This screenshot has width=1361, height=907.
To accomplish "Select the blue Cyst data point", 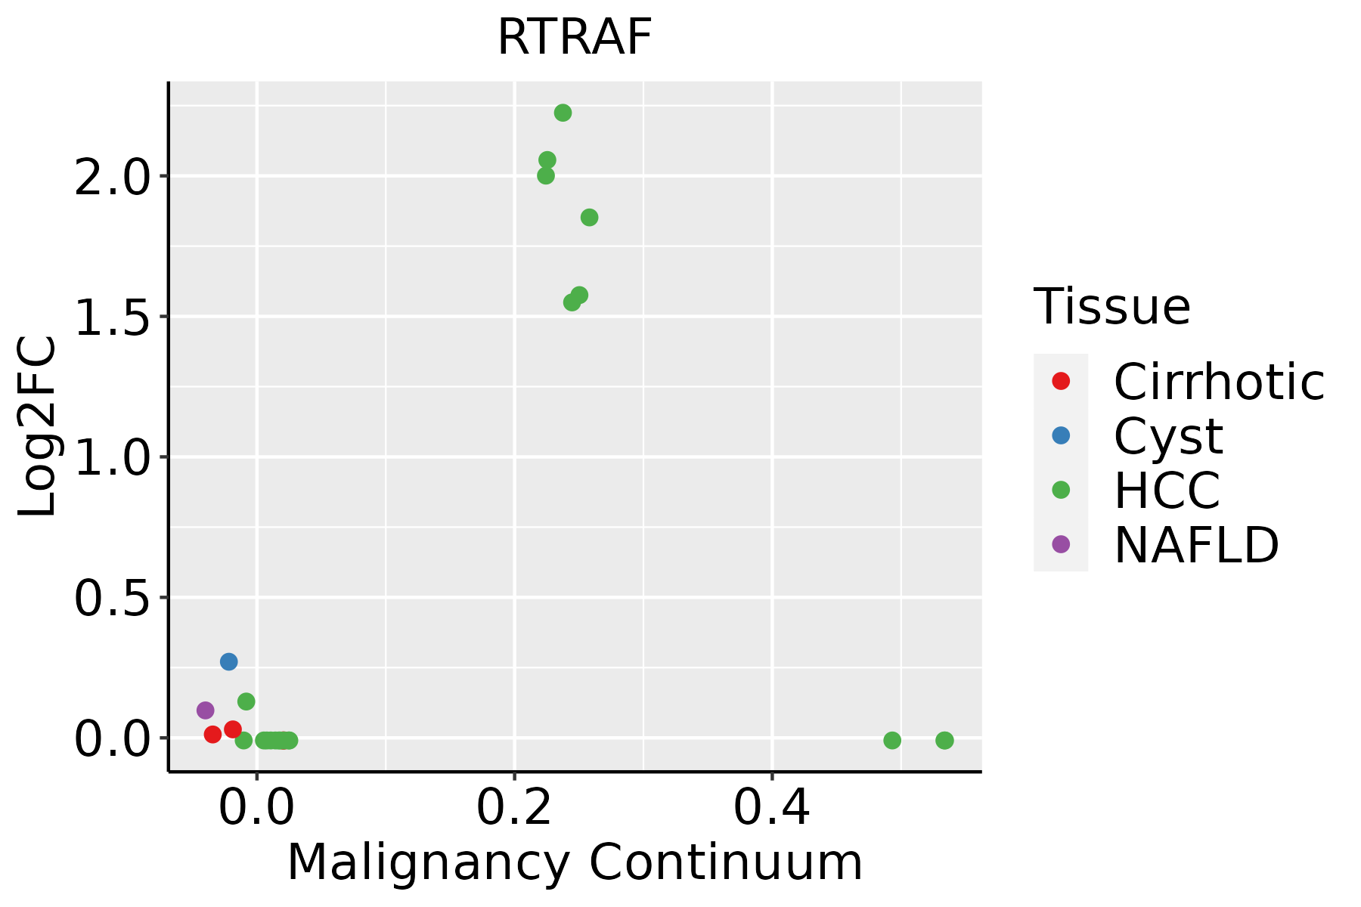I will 228,661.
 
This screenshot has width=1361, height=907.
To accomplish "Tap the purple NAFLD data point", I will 205,710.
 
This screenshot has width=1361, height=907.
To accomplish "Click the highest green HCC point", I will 563,113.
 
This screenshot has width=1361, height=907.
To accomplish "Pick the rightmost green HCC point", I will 944,740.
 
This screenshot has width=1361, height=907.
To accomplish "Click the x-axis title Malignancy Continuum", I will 575,863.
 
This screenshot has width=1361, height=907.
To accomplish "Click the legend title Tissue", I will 1111,307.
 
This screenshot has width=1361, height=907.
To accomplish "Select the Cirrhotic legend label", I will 1219,382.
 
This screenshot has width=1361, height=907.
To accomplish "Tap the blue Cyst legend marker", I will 1061,435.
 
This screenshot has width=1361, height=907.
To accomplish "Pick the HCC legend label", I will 1167,491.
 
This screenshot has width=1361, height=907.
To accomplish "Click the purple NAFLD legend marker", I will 1061,543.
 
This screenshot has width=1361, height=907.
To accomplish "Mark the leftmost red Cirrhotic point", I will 212,734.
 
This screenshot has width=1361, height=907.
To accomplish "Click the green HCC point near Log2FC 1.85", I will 589,218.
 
